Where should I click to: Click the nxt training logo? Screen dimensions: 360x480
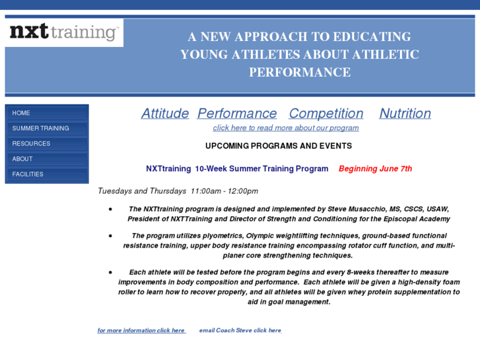point(63,32)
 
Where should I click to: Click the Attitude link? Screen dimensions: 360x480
point(165,114)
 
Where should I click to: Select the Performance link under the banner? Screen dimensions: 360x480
point(237,114)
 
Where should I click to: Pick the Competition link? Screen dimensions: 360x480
point(326,114)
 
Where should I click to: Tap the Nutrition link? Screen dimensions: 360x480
point(405,114)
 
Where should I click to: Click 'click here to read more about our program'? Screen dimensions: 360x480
point(286,128)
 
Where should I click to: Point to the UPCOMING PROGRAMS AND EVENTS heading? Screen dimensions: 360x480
point(278,146)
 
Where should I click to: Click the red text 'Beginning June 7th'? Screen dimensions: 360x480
point(375,169)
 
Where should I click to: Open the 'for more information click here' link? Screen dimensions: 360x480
point(141,330)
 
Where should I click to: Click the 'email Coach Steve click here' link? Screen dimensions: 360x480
point(240,330)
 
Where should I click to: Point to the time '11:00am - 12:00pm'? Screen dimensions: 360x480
point(224,192)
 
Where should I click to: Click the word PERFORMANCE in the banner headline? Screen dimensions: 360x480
point(300,73)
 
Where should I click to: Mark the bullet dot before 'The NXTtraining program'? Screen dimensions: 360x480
point(110,209)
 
